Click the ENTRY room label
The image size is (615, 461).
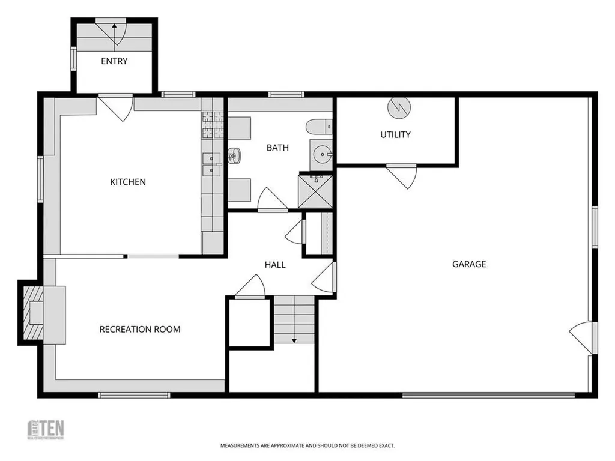[114, 61]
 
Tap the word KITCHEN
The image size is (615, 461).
[127, 182]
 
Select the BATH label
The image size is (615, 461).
[277, 148]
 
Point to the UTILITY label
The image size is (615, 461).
[395, 134]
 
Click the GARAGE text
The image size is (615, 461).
[469, 264]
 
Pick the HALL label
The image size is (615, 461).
[275, 265]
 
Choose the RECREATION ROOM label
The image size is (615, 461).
[140, 329]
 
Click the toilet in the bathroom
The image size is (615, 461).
[318, 127]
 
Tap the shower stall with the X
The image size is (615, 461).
[315, 191]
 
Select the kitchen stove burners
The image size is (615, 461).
[212, 124]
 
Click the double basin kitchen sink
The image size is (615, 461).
[211, 164]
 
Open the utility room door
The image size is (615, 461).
[401, 175]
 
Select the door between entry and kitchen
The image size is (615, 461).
[116, 107]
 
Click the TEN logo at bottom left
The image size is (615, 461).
[47, 429]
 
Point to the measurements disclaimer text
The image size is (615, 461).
[307, 446]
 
